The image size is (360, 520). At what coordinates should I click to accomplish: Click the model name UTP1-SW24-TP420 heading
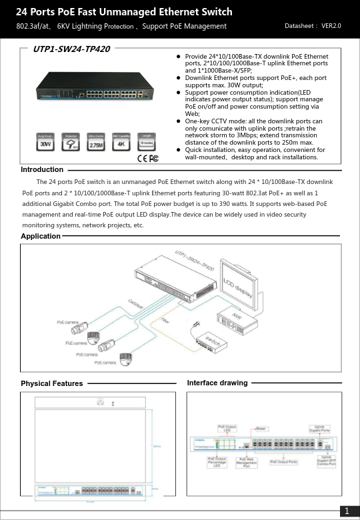point(71,49)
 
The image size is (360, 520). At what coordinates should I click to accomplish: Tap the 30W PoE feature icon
point(45,142)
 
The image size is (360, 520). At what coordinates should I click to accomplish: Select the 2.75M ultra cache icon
point(95,142)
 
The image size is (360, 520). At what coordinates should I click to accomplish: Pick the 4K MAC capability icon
point(121,142)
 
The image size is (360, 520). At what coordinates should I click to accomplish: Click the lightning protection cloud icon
point(70,142)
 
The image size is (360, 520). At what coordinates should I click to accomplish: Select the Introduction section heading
point(42,170)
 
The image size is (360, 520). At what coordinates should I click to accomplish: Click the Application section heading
point(41,237)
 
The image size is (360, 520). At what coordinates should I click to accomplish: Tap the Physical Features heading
point(52,383)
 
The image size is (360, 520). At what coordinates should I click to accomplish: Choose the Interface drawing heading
point(217,383)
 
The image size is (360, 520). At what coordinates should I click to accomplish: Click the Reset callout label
point(262,428)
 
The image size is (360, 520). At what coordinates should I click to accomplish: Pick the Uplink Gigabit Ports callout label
point(321,429)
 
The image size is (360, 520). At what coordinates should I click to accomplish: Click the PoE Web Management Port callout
point(246,463)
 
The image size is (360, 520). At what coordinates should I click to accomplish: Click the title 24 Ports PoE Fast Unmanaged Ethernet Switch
point(124,12)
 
